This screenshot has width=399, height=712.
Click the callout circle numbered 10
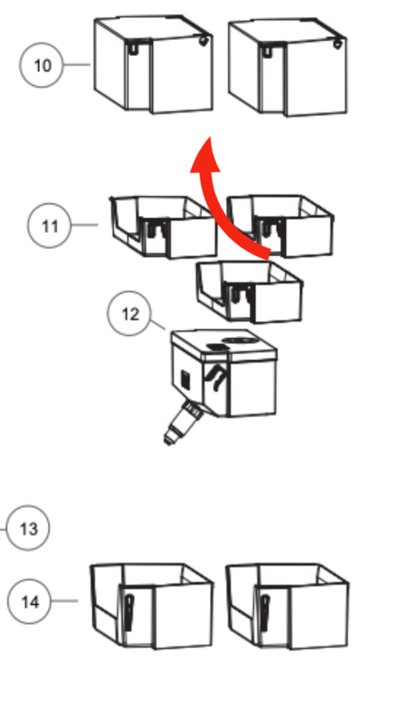tap(41, 65)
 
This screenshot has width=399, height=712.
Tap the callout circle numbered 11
tap(50, 226)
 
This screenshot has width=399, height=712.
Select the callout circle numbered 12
tap(130, 313)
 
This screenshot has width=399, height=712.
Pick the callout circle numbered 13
tap(28, 528)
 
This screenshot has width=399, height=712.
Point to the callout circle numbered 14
tap(29, 601)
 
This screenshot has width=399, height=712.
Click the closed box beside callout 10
tap(154, 64)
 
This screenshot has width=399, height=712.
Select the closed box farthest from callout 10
tap(287, 67)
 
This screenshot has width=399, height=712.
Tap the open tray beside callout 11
tap(163, 227)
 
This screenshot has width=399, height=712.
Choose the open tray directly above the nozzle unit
tap(250, 292)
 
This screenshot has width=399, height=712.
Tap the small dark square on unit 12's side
tap(185, 380)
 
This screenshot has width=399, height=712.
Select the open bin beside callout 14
tap(151, 606)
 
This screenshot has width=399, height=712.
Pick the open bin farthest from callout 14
tap(287, 606)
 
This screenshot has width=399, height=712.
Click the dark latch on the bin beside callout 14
tap(129, 612)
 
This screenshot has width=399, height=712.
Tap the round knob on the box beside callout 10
tap(203, 41)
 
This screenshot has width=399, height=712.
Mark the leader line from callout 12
tap(158, 325)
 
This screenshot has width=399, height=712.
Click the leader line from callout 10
tap(77, 65)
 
